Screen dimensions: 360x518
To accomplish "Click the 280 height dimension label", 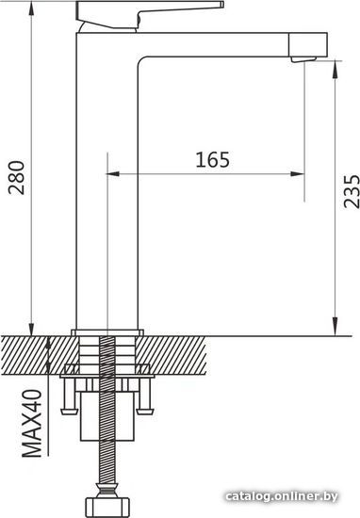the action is [x=17, y=177].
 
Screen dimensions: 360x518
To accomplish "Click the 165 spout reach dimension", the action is [x=213, y=159].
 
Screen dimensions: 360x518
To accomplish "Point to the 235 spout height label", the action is [x=352, y=191].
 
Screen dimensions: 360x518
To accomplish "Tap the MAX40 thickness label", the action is [x=32, y=424].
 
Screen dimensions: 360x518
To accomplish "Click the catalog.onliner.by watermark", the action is [x=282, y=496].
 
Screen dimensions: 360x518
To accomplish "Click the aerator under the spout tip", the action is [x=303, y=59].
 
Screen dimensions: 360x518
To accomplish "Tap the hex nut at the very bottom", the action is [x=107, y=507].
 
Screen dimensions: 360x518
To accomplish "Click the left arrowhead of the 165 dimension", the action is [x=113, y=174].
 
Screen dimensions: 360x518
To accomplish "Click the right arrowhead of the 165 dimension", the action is [x=297, y=174].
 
